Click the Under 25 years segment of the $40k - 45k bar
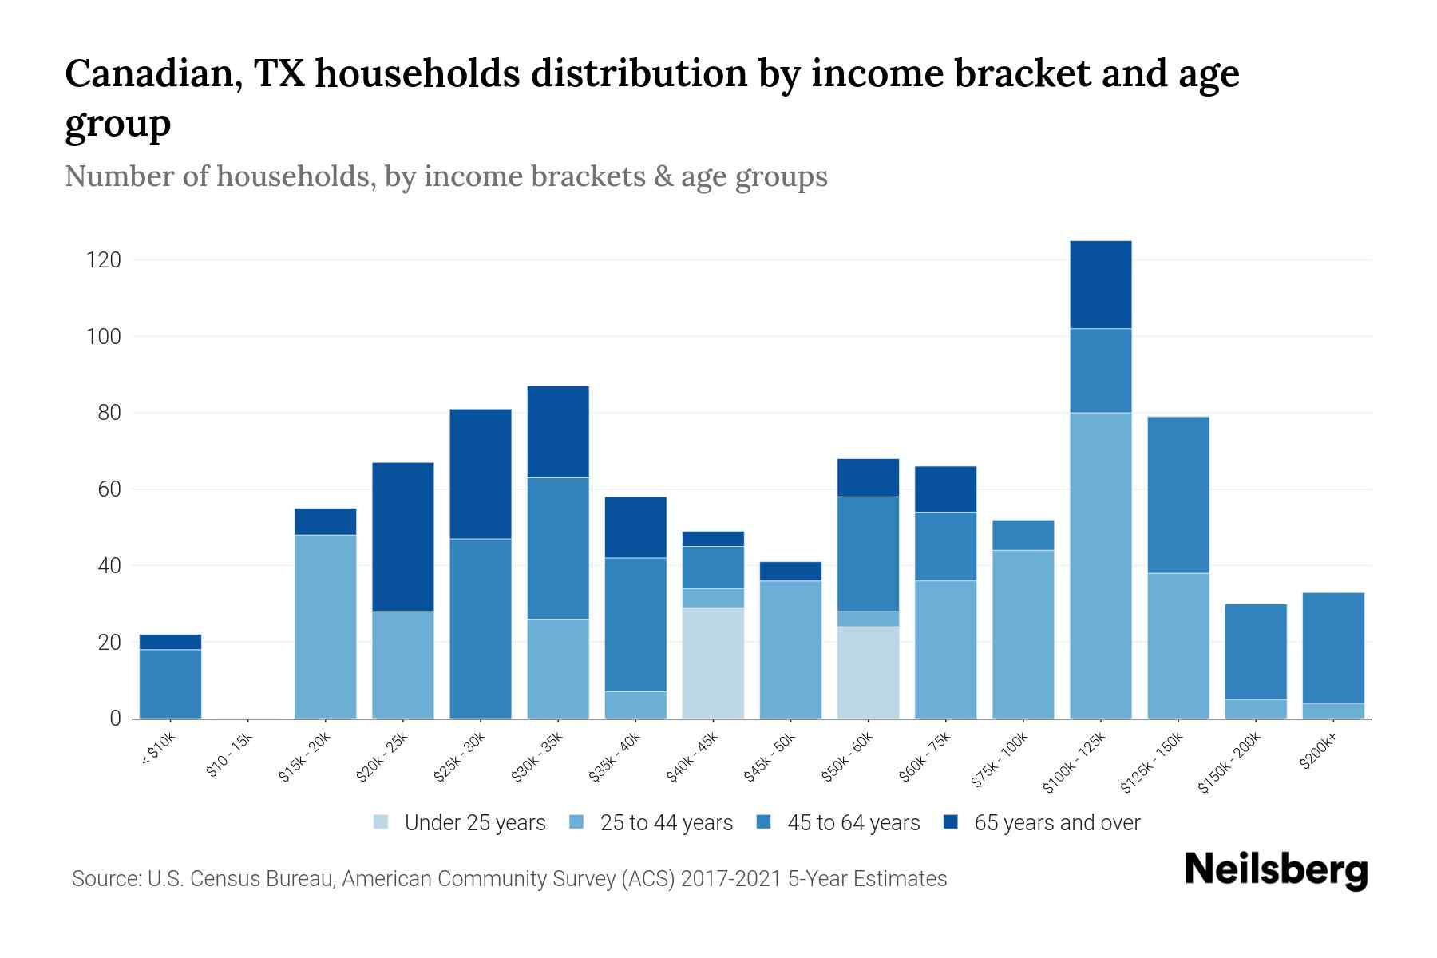click(x=713, y=663)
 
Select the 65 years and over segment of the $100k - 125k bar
click(x=1100, y=285)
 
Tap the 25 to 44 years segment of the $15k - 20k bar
click(x=325, y=627)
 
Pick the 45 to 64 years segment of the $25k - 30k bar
click(x=480, y=628)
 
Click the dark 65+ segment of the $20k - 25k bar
click(x=402, y=536)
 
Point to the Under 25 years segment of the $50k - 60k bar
click(x=868, y=672)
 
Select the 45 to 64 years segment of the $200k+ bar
click(x=1332, y=647)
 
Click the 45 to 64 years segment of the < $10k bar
click(x=170, y=684)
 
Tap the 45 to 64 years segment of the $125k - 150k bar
click(x=1178, y=495)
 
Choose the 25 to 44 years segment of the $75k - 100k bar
click(x=1023, y=634)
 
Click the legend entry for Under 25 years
click(x=459, y=823)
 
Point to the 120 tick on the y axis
click(x=104, y=260)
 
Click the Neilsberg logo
click(x=1276, y=870)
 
